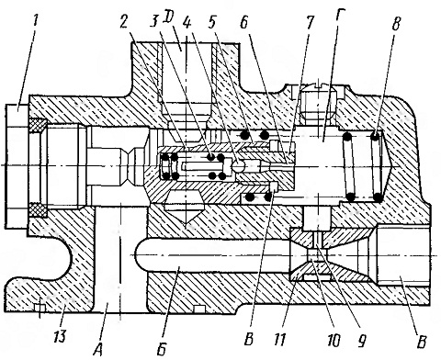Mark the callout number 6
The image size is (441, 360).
pos(244,21)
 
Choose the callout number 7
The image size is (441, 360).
pos(310,22)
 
